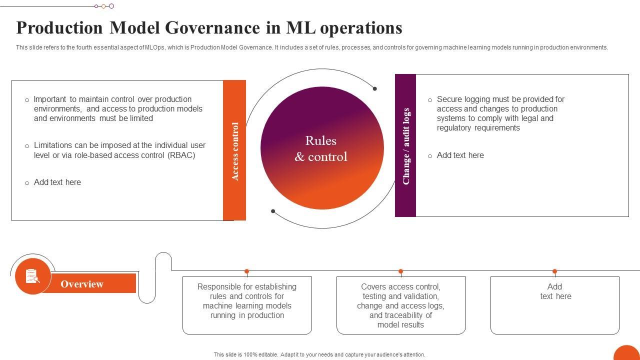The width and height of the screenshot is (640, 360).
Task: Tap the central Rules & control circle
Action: (322, 148)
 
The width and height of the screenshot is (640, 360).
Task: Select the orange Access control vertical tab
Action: (234, 150)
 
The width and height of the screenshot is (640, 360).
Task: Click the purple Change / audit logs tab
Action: (405, 145)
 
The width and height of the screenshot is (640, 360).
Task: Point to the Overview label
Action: (82, 284)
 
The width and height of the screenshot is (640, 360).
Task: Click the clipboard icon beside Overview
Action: (32, 276)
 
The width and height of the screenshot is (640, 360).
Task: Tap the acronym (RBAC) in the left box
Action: (181, 155)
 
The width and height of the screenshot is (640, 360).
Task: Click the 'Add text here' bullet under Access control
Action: (57, 182)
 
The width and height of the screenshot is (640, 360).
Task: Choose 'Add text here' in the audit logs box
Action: (460, 155)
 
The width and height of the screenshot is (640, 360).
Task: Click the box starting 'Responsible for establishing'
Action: (247, 305)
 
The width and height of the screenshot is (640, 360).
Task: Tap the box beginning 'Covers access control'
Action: (401, 305)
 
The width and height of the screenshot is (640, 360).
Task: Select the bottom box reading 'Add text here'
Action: (555, 305)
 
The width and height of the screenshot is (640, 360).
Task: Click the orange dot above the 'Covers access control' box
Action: (400, 271)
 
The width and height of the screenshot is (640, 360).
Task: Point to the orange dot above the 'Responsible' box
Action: (246, 271)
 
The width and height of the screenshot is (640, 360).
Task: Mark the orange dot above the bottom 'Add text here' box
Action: (554, 271)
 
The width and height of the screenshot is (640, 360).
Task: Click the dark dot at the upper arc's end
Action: (374, 88)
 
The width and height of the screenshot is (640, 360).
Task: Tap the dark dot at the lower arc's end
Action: (273, 211)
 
